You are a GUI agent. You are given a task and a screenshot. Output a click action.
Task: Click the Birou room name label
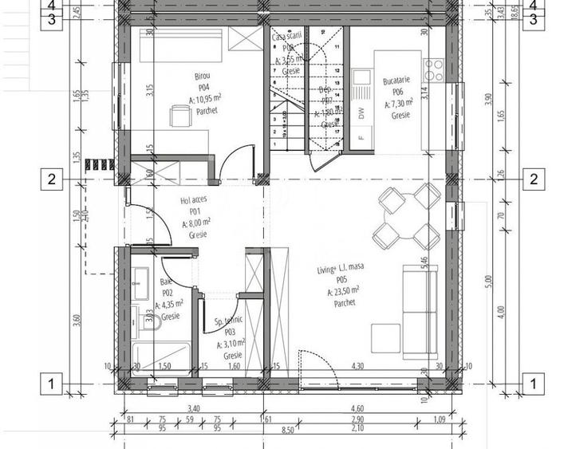point(203,77)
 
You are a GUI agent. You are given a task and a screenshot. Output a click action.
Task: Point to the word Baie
point(166,282)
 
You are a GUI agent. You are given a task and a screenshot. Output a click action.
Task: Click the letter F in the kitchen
point(361,137)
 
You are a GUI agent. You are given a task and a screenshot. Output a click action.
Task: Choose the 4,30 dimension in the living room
point(358,366)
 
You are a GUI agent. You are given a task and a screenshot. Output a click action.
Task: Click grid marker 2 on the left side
point(51,179)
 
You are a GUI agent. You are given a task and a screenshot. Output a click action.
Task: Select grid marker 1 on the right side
point(532,384)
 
